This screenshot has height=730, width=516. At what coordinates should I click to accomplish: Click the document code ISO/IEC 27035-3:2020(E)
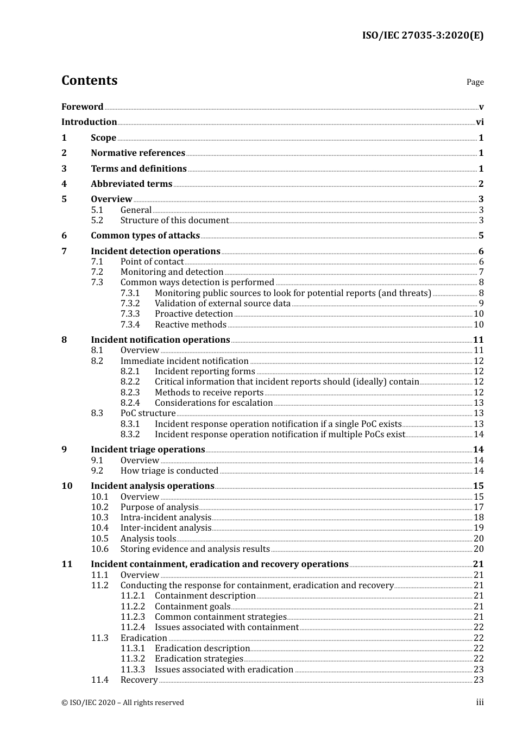(x=423, y=36)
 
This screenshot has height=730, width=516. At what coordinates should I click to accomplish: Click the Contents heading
(x=89, y=80)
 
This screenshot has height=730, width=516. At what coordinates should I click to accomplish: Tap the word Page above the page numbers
(x=475, y=82)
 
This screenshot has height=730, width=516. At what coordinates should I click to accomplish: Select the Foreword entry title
(x=82, y=107)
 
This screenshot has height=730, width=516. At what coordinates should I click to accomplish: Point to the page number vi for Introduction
(x=480, y=122)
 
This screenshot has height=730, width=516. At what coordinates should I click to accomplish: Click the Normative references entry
(x=138, y=153)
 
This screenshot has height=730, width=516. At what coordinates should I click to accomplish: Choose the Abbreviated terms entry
(x=131, y=184)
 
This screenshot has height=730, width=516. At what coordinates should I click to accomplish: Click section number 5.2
(x=97, y=221)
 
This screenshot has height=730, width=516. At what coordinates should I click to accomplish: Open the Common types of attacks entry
(x=145, y=236)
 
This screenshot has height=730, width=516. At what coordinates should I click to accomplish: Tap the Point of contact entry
(x=152, y=262)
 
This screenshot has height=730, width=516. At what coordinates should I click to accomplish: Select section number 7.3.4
(x=130, y=325)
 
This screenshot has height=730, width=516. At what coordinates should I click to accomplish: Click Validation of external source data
(x=223, y=304)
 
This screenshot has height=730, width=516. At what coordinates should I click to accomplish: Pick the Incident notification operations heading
(x=160, y=340)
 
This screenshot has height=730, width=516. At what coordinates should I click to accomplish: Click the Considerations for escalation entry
(x=213, y=403)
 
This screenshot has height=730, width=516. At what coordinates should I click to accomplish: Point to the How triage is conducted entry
(x=169, y=471)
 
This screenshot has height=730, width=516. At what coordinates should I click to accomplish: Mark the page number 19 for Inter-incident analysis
(x=479, y=528)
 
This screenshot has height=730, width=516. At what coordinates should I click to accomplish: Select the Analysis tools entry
(x=148, y=539)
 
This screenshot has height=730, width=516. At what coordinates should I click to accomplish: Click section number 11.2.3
(x=133, y=617)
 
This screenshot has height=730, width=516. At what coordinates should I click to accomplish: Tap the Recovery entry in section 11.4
(x=139, y=680)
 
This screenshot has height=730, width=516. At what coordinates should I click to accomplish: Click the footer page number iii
(x=480, y=703)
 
